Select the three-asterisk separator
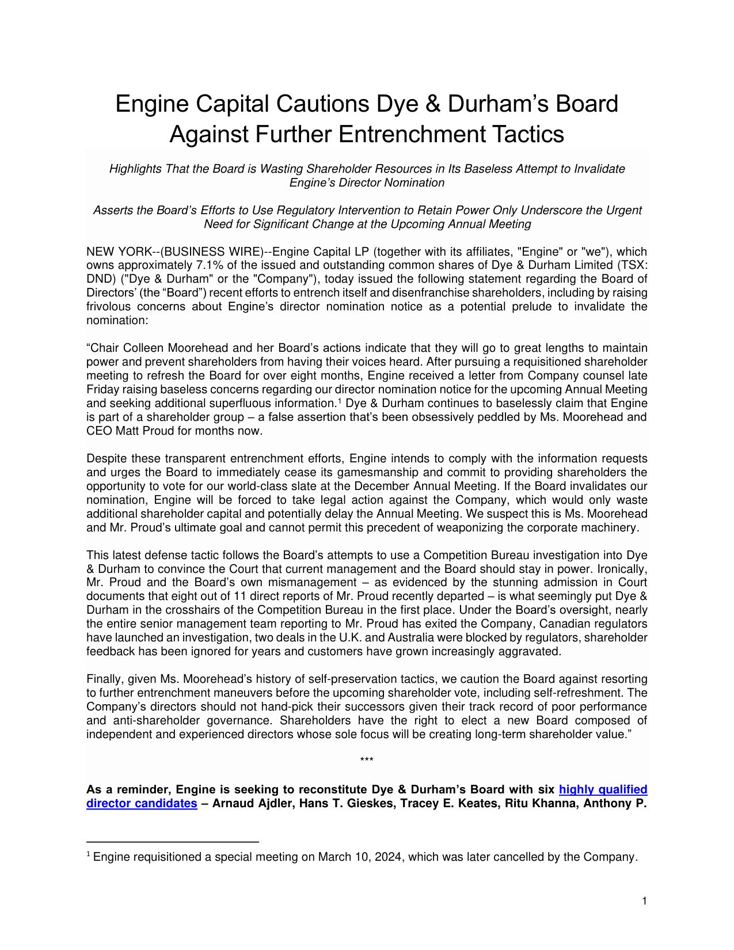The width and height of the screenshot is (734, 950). coord(367,761)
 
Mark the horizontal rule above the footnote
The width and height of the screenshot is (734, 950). coord(172,842)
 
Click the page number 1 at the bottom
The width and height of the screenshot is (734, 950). coord(645,901)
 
